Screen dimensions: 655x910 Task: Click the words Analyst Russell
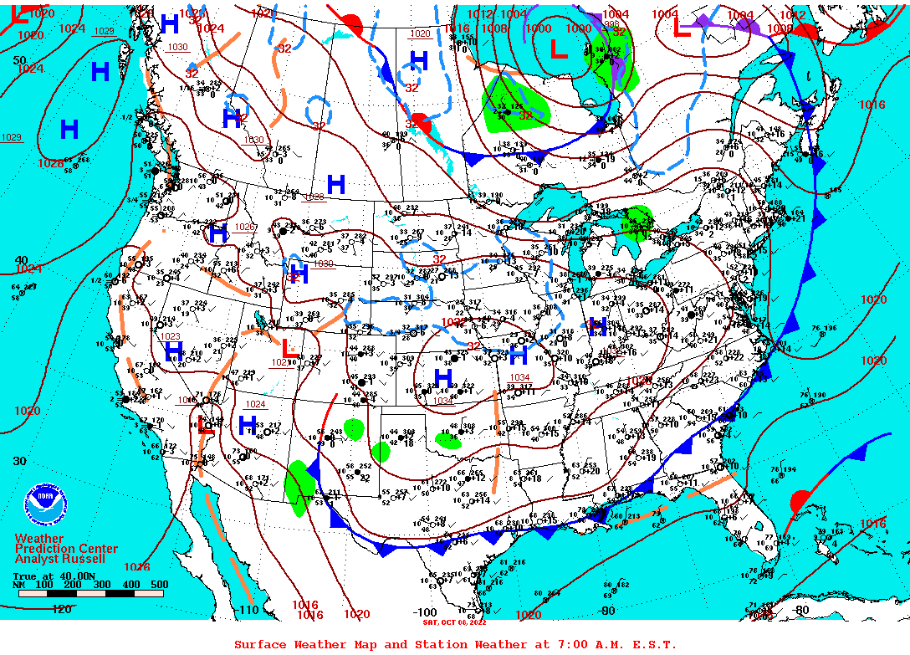click(60, 559)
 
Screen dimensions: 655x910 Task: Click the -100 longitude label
click(424, 612)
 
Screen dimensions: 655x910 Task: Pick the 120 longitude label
click(62, 609)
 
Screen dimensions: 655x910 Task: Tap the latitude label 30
click(19, 461)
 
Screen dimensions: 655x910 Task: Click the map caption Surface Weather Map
click(309, 644)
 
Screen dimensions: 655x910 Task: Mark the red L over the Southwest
click(289, 347)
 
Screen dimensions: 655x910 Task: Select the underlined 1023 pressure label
click(171, 336)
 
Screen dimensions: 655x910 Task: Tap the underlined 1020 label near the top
click(420, 33)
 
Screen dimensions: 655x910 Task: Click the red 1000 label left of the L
click(538, 28)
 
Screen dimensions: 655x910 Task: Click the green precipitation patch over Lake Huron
click(639, 222)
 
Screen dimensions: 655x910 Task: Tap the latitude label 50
click(19, 60)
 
